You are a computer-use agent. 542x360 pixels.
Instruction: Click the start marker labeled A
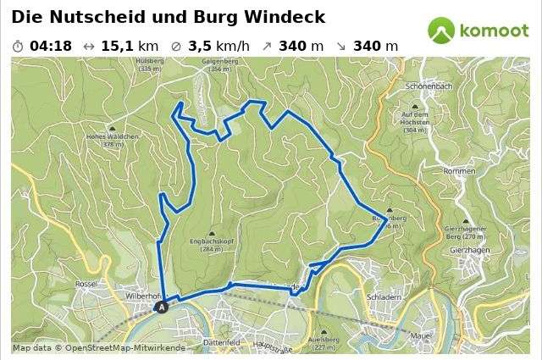click(163, 307)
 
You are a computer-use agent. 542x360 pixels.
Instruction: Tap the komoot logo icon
click(441, 30)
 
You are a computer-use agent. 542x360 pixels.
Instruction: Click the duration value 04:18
click(50, 46)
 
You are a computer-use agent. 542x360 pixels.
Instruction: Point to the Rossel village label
click(86, 284)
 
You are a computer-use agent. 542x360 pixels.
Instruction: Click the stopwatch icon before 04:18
click(19, 46)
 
